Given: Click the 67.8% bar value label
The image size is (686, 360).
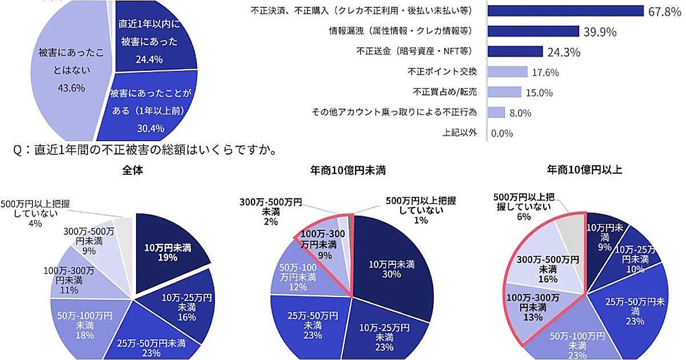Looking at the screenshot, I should (x=664, y=11).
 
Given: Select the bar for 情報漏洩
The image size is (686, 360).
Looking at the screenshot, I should (x=533, y=31).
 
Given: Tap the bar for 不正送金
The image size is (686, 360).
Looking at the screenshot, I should (x=515, y=51).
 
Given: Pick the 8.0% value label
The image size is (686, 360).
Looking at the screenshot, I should (x=520, y=113).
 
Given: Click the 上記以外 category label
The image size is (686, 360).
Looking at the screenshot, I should (x=460, y=133).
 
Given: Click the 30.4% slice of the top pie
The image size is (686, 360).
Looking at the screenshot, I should (x=150, y=109).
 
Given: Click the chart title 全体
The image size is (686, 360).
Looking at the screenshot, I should (x=132, y=170).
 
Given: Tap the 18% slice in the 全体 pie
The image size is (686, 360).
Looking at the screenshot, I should (x=80, y=323).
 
